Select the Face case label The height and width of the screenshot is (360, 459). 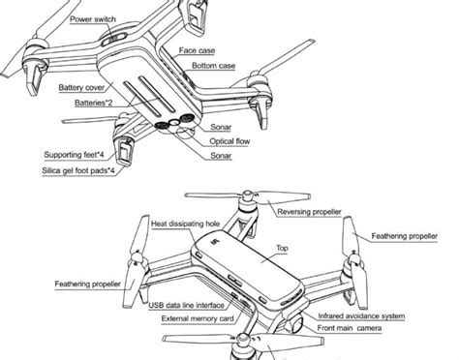(199, 50)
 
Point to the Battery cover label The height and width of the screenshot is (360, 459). (83, 87)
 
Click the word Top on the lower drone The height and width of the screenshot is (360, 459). (283, 247)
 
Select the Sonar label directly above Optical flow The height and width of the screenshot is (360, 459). (225, 127)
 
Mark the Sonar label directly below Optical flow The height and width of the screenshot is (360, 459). (225, 154)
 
